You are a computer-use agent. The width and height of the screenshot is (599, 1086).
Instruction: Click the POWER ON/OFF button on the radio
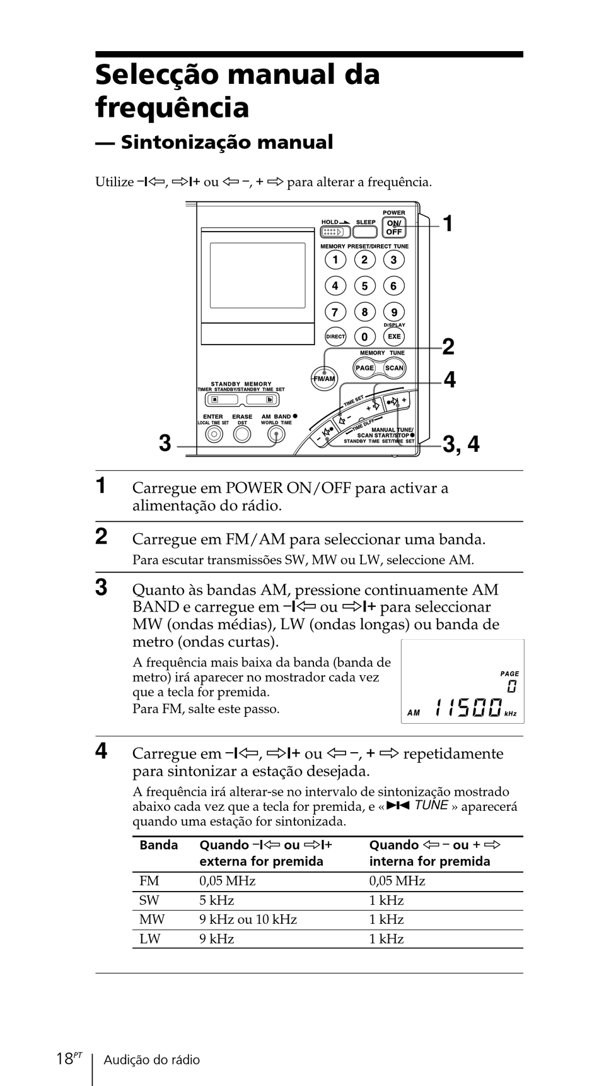click(394, 228)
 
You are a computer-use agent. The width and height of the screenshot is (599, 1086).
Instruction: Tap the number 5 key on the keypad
click(364, 286)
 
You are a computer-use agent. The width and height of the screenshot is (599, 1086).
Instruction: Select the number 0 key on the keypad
click(364, 337)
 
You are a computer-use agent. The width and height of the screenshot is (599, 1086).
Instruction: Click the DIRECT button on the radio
click(335, 337)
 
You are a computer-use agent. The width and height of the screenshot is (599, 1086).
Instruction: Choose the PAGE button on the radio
click(364, 368)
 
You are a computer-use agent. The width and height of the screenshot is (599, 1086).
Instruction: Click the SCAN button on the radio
click(394, 368)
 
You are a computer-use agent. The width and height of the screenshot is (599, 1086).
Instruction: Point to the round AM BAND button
click(276, 434)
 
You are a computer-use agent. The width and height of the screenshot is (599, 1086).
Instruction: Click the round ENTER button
click(214, 434)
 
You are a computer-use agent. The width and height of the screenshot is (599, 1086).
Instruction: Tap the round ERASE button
click(242, 434)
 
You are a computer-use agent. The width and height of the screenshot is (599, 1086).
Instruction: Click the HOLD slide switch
click(334, 232)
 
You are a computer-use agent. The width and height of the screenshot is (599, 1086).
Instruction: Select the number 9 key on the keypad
click(394, 312)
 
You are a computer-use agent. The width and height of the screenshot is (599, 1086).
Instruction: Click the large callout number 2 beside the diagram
click(448, 347)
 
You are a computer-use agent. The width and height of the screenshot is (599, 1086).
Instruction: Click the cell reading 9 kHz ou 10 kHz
click(248, 919)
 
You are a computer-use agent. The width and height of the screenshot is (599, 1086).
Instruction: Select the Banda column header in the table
click(158, 845)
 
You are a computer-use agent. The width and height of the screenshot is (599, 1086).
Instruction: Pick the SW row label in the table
click(149, 900)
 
